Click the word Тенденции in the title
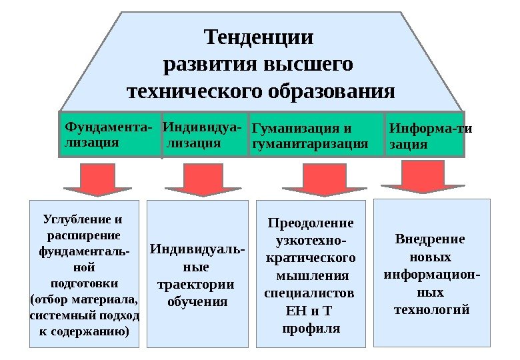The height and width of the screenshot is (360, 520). click(x=259, y=36)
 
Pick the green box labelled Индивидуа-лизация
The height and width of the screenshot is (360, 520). click(x=204, y=134)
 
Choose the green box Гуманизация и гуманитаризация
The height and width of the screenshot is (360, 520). click(x=315, y=135)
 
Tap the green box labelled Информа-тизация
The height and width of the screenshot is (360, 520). click(x=425, y=135)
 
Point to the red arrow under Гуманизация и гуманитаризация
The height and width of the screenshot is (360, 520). click(x=313, y=181)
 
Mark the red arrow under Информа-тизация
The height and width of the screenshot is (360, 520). click(x=421, y=179)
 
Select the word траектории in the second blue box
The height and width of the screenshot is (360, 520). click(x=195, y=285)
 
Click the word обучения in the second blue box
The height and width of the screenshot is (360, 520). click(x=197, y=301)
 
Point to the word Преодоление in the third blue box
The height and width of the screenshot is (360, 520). click(x=311, y=223)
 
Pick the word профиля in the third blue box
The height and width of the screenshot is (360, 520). click(x=311, y=328)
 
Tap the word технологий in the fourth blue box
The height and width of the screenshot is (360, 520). click(x=432, y=309)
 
